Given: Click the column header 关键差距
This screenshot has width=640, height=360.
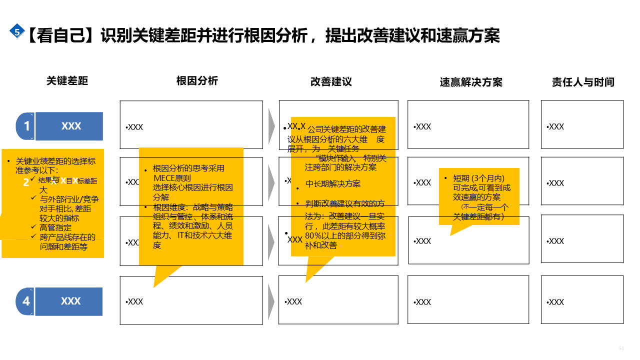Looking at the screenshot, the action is point(67,81).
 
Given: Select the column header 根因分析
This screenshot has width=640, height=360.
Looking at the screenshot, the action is point(197,81).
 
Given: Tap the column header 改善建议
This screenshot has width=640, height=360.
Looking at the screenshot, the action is point(331,81).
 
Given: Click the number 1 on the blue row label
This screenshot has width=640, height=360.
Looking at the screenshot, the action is point(27,126).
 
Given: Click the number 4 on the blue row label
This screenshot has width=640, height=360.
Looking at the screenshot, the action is point(26,301).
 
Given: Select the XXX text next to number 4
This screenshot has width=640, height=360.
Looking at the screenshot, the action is point(71,301).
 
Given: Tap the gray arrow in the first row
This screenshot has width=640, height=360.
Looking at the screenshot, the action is point(271,125).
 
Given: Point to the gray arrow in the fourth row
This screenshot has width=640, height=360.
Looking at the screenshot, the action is point(271,300).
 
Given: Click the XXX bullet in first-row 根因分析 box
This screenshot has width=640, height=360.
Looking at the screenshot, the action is point(134,127).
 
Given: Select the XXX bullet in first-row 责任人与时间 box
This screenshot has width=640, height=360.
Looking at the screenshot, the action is point(555,127).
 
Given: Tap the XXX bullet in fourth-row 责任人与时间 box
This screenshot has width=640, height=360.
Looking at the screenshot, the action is point(555,302).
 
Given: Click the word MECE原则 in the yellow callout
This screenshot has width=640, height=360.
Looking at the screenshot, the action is point(172,178).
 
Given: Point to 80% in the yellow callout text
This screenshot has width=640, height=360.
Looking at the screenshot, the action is point(313,236).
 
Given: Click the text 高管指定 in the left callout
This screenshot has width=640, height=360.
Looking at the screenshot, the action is point(55,227).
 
